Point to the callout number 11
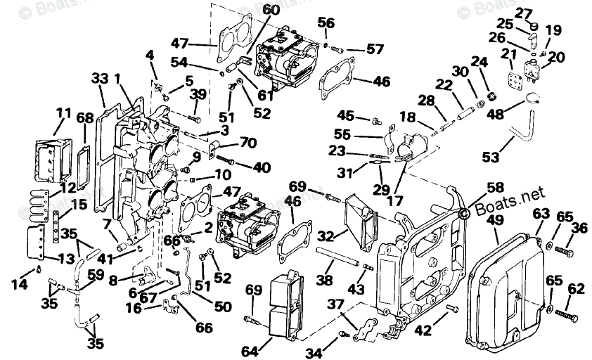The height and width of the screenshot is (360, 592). click(x=64, y=112)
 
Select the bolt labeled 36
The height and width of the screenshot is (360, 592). click(x=562, y=250)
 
